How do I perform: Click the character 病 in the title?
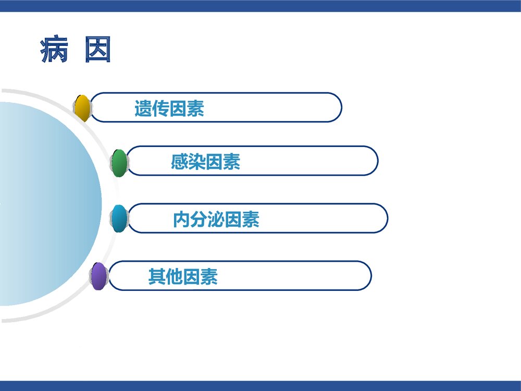pos(55,51)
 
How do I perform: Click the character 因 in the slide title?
pos(98,51)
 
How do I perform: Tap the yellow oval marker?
pos(82,108)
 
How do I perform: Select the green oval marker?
pos(119,163)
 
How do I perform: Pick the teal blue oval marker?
pos(119,218)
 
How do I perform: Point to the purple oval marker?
pos(98,276)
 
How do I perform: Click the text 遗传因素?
pos(169,108)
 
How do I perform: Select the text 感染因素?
pos(205,163)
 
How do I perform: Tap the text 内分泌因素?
pos(216,220)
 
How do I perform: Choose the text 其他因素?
pos(182,276)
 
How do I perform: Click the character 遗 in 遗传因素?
pos(143,108)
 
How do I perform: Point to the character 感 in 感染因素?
pos(179,163)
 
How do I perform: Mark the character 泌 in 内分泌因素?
pos(216,220)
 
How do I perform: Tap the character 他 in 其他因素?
pos(174,276)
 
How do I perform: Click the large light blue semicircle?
pos(47,203)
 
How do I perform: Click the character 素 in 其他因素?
pos(209,276)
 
